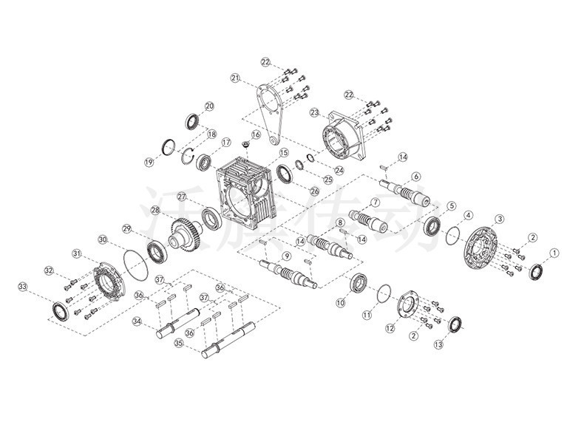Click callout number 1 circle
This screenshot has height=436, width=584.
point(554,252)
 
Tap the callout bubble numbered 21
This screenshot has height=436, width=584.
point(235,78)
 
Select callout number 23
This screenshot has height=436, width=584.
point(314,113)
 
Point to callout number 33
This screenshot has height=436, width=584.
point(23,286)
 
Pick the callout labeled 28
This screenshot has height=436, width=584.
point(156,211)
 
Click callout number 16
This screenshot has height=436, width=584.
point(256,135)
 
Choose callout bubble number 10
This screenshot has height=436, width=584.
point(341,302)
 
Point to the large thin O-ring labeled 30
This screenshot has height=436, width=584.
point(133,262)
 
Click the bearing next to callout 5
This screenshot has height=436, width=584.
point(432,225)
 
